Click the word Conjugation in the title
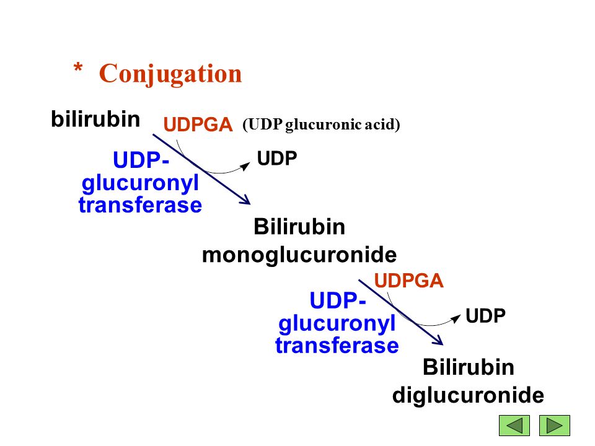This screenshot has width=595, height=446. (x=170, y=74)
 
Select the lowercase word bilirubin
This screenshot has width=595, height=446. (x=95, y=119)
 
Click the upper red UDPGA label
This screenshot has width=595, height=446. (x=198, y=125)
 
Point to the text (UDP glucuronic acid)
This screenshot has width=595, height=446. (x=321, y=125)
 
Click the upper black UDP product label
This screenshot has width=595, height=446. (x=277, y=159)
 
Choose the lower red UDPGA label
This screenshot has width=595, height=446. (x=409, y=282)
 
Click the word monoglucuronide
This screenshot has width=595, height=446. (x=299, y=255)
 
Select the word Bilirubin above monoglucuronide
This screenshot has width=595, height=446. (x=299, y=227)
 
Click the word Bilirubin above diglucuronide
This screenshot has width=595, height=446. (x=468, y=367)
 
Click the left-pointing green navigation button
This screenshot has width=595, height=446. (x=514, y=426)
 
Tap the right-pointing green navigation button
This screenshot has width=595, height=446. (x=554, y=426)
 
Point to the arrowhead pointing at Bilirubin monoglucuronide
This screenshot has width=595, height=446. (x=246, y=201)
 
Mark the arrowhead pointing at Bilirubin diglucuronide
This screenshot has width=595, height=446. (x=439, y=341)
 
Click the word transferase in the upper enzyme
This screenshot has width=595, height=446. (x=140, y=205)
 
